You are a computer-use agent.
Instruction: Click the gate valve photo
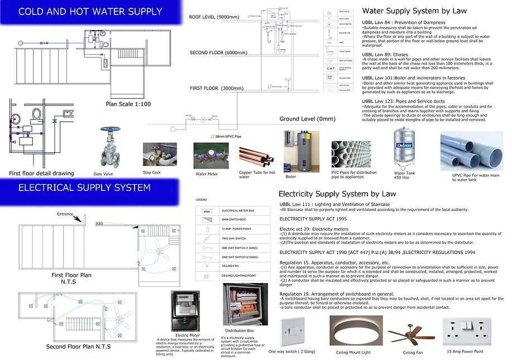coord(110,148)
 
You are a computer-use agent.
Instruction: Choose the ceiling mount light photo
coord(353,332)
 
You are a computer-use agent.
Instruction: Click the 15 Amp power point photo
coord(466,332)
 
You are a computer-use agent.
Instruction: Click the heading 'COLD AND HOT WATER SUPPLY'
coord(90,11)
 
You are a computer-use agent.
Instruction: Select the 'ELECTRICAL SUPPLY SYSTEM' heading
coord(84,188)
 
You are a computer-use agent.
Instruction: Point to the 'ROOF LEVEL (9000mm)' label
coord(214,17)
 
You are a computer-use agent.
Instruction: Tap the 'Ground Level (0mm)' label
coord(308,119)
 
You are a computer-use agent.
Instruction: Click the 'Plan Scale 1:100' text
coord(129,104)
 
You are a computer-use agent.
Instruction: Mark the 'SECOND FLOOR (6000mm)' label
coord(218,53)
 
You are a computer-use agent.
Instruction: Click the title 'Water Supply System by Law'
coord(414,11)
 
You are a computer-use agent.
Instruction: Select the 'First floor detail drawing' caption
coord(41,174)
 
